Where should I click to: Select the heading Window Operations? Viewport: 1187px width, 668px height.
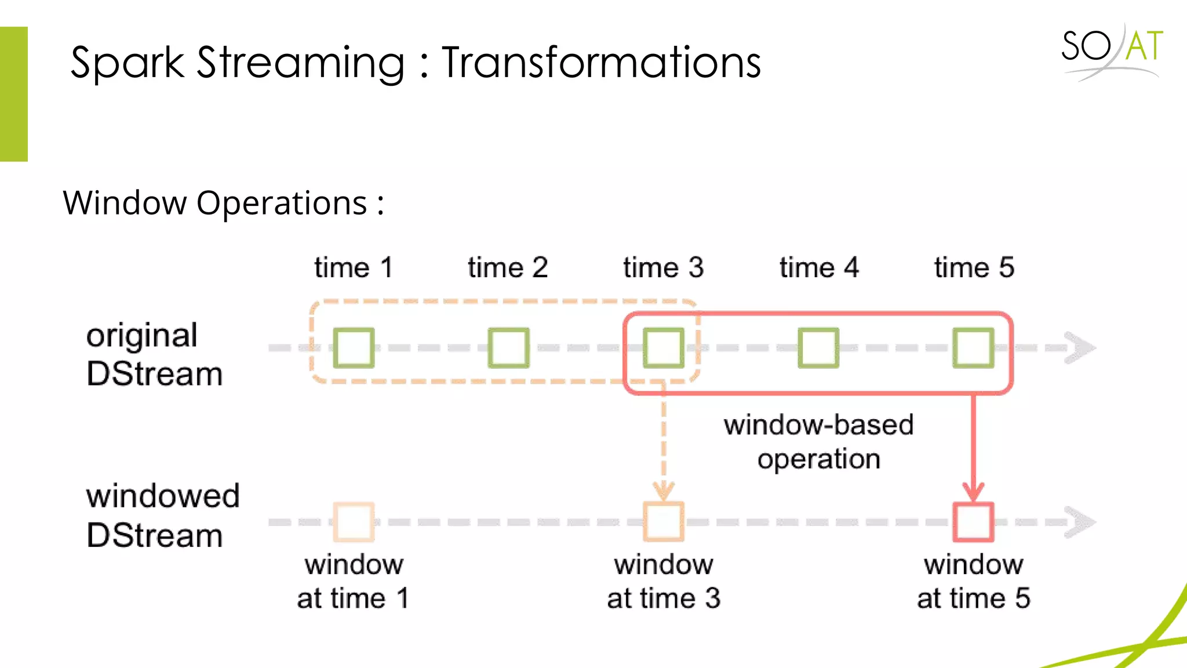click(x=223, y=203)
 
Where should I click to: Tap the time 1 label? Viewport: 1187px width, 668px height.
click(x=354, y=268)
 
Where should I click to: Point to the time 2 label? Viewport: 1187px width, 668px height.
click(x=508, y=268)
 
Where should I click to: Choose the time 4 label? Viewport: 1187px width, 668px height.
click(x=818, y=268)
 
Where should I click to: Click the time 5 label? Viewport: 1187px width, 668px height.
click(x=974, y=268)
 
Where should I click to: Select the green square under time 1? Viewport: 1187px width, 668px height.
click(x=354, y=348)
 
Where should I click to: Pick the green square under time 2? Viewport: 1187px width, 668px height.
click(x=508, y=348)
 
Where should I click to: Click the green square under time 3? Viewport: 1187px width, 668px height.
click(x=664, y=348)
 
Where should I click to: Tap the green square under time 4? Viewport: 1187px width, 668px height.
click(x=818, y=348)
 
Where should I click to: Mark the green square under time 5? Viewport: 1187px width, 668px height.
click(x=974, y=348)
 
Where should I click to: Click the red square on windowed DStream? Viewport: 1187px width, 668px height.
click(x=974, y=522)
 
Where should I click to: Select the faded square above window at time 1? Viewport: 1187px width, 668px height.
click(x=354, y=522)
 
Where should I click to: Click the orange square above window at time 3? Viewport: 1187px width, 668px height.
click(x=664, y=522)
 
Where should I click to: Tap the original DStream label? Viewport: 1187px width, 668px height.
click(x=154, y=354)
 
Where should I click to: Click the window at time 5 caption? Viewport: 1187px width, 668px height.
click(x=974, y=581)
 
